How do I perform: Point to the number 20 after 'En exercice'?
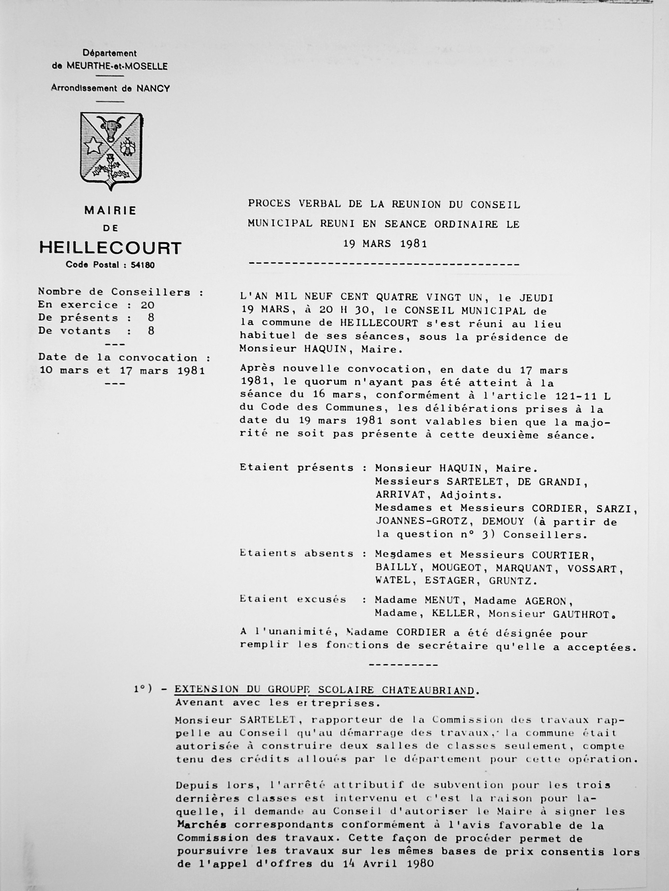(147, 305)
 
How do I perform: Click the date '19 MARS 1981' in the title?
(385, 244)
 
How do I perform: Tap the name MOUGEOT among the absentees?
(457, 568)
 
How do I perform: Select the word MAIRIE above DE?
(110, 210)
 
